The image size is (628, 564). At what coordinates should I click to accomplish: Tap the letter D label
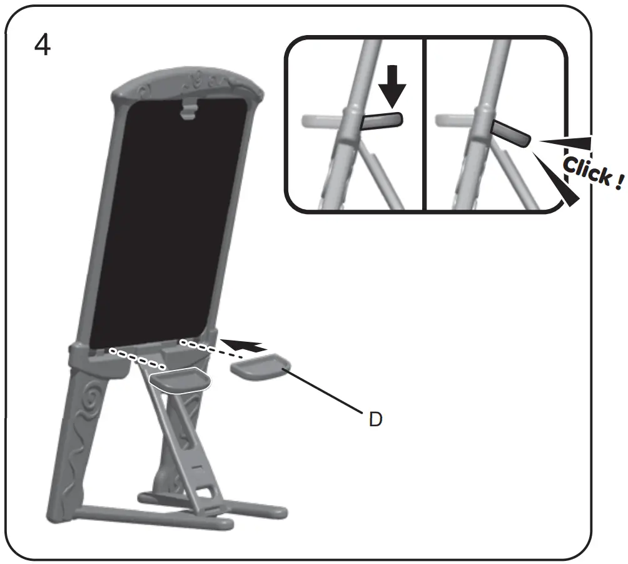375,419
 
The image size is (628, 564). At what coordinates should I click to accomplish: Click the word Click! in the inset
591,171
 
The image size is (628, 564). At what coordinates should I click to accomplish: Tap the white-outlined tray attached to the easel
180,379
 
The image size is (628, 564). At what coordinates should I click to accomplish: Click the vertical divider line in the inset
424,125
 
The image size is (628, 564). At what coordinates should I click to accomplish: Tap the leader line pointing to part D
325,391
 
